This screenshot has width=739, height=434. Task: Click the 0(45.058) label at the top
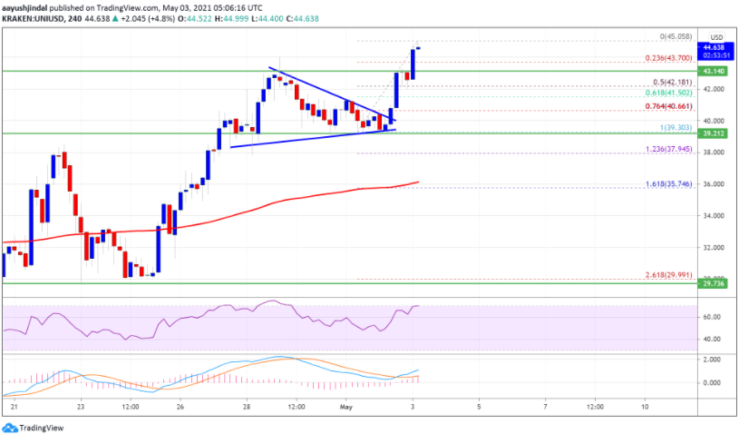pos(676,37)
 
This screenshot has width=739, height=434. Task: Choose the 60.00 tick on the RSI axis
pos(713,317)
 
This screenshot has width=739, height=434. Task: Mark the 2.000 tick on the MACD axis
pos(713,360)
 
